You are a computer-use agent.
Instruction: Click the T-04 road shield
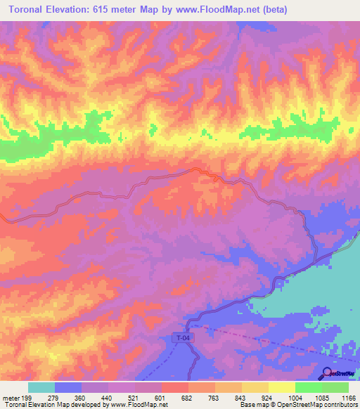[182, 339]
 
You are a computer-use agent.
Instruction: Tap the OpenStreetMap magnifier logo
[328, 372]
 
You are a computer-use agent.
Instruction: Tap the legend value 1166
[349, 398]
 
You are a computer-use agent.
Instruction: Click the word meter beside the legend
[10, 398]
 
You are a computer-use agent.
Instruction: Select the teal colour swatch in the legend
[41, 387]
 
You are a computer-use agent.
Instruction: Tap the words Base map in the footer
[252, 405]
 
